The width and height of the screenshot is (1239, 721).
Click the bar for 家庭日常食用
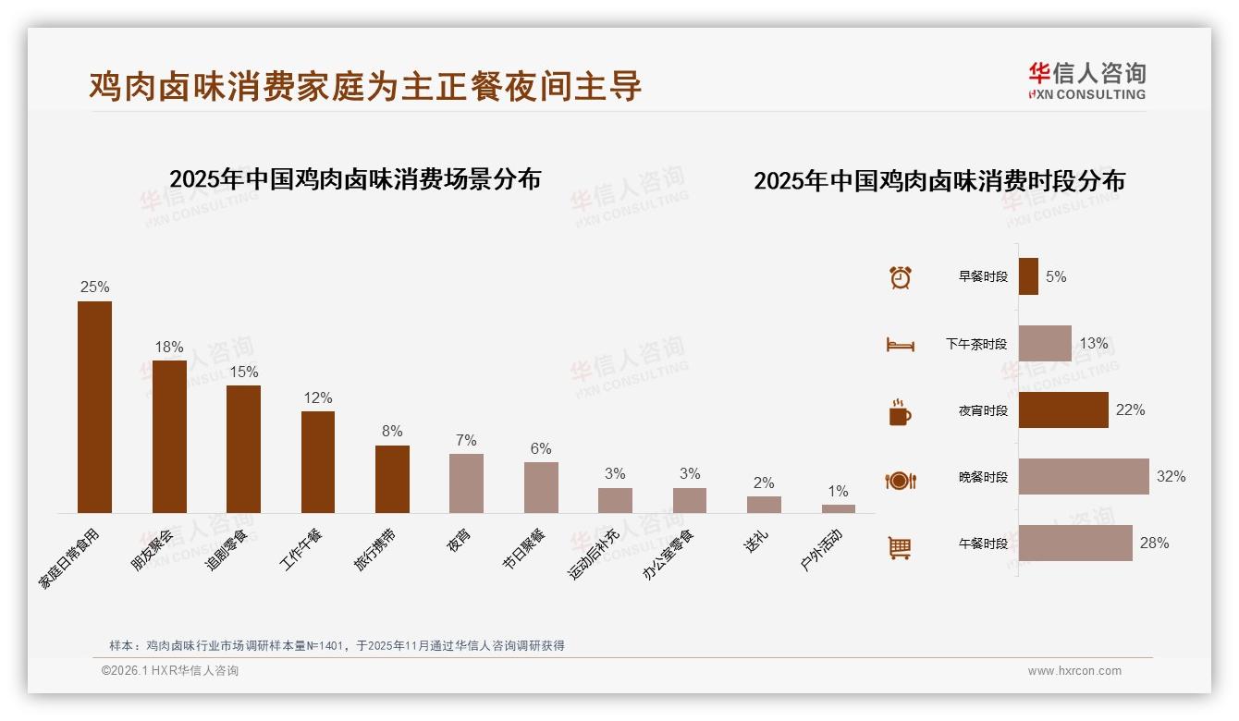click(94, 407)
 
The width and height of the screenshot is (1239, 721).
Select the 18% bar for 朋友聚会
click(169, 436)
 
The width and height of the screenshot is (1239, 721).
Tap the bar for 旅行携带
click(392, 479)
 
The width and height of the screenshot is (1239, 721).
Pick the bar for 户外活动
click(838, 508)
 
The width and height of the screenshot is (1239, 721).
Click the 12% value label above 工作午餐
click(318, 397)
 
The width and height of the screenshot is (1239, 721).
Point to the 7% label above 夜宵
click(466, 440)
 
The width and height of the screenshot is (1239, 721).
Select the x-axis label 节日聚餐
click(524, 548)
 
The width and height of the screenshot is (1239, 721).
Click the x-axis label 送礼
click(755, 541)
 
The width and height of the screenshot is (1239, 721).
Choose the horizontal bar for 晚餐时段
click(1084, 477)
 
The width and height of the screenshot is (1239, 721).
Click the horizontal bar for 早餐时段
click(1028, 276)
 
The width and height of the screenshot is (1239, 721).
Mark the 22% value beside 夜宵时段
click(1130, 409)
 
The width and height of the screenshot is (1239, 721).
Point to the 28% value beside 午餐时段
click(1154, 544)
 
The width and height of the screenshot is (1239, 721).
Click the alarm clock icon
click(901, 277)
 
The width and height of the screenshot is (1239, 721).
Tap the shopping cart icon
click(900, 547)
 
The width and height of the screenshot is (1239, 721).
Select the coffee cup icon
click(900, 412)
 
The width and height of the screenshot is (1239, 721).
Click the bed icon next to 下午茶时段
click(900, 345)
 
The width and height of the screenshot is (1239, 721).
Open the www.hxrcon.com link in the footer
click(1074, 671)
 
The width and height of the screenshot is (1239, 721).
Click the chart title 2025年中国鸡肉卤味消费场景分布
click(355, 179)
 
